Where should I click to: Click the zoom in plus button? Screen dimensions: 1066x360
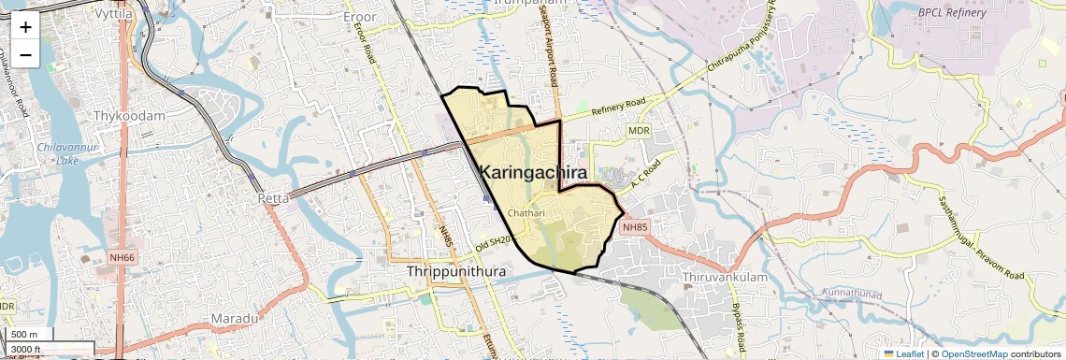tap(25, 26)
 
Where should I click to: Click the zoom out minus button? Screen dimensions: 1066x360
tap(25, 54)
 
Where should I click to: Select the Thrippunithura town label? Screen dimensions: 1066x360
tap(456, 271)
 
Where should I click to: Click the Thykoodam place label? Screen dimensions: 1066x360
tap(129, 116)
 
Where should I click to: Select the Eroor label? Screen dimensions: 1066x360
tap(359, 17)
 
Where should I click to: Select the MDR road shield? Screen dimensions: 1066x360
tap(639, 131)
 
